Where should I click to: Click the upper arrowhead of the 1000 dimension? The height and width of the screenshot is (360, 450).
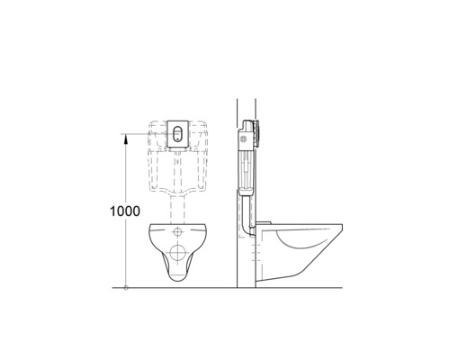(126, 137)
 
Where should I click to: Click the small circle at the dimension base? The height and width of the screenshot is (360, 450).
(126, 288)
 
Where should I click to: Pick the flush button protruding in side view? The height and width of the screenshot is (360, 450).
(262, 134)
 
